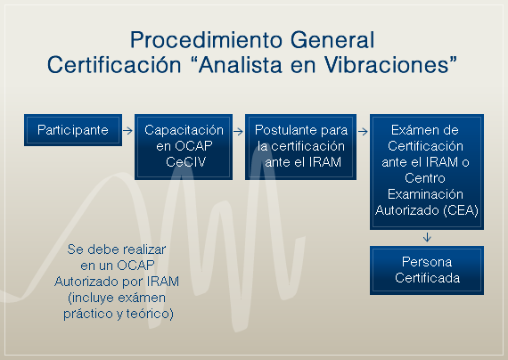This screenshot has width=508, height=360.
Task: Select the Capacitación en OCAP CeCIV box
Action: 184,145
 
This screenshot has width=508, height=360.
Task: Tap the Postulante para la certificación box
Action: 296,145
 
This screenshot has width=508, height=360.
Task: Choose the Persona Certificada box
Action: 427,270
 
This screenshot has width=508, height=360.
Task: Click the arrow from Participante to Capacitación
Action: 127,130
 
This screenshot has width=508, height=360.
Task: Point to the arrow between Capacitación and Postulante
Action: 239,130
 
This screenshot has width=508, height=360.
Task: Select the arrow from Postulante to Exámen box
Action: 362,130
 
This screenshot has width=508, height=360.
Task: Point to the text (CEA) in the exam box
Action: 460,210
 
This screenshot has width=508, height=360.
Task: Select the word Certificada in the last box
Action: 427,278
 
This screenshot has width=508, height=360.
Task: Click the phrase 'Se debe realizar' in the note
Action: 117,250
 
